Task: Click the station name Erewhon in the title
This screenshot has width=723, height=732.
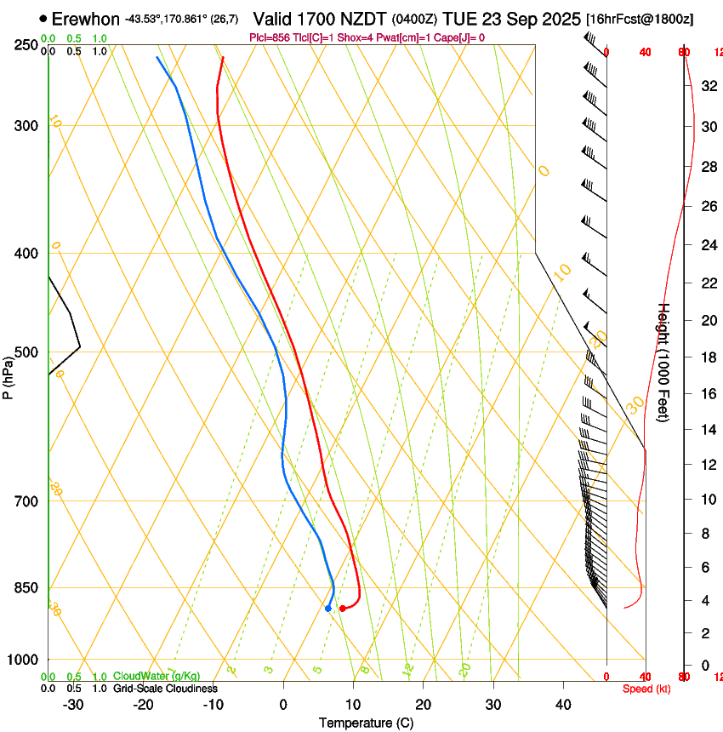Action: click(x=86, y=19)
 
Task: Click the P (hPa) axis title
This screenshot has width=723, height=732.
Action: click(x=8, y=375)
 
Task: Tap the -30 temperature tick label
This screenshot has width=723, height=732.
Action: click(x=73, y=704)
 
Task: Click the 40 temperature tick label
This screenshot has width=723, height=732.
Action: click(x=562, y=704)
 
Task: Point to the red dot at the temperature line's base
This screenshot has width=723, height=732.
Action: click(x=342, y=608)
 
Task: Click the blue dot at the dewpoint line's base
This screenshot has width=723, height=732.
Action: click(x=327, y=608)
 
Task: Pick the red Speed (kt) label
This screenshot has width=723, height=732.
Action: click(x=646, y=689)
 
